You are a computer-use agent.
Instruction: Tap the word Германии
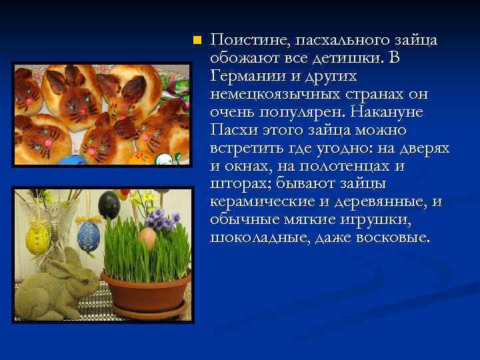[x=245, y=76]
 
